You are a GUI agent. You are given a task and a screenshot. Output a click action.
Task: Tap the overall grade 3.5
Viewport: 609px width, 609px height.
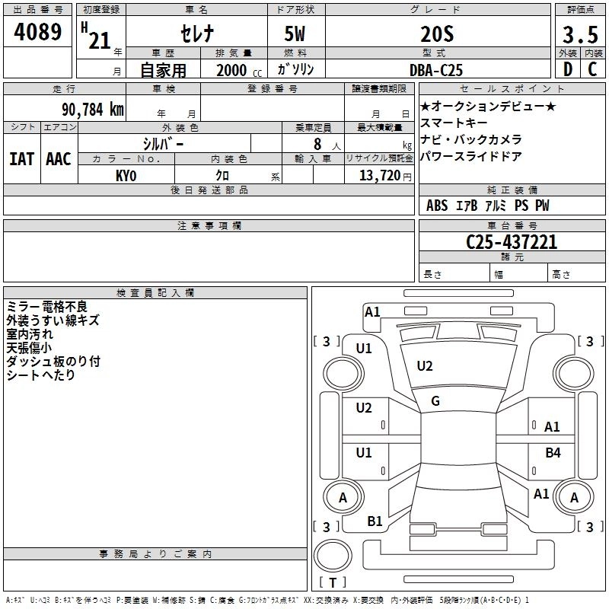(x=579, y=35)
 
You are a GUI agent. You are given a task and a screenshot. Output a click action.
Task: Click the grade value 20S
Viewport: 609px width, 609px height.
(x=436, y=35)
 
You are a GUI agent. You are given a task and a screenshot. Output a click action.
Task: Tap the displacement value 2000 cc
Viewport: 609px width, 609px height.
(x=237, y=70)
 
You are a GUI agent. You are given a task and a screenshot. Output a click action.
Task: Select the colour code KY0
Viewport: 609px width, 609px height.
(x=126, y=174)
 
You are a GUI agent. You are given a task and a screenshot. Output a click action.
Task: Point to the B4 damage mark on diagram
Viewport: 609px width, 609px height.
(x=553, y=453)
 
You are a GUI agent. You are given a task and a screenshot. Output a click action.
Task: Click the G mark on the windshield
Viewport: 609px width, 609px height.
(x=435, y=401)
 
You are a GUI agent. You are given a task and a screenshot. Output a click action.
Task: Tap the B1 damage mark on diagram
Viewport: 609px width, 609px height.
(x=375, y=521)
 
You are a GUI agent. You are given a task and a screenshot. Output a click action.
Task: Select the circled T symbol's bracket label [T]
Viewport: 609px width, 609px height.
(x=332, y=583)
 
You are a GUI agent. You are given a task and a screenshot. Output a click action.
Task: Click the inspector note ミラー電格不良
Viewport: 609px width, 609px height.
(x=48, y=307)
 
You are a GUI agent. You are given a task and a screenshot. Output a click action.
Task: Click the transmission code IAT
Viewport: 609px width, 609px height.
(x=21, y=159)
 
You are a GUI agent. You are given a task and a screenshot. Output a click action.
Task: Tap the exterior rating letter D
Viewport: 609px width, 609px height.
(x=567, y=69)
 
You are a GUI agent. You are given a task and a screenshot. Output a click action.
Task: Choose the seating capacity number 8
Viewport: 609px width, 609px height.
(x=317, y=142)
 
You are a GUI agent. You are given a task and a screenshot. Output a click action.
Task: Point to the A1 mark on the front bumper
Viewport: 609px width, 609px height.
(x=372, y=311)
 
